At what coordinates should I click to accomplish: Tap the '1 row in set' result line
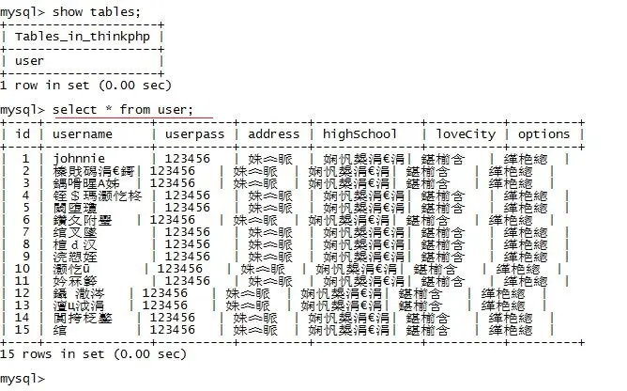tap(85, 85)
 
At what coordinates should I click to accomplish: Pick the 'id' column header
tap(23, 133)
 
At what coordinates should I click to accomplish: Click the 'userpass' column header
tap(193, 133)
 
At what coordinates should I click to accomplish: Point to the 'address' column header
tap(272, 133)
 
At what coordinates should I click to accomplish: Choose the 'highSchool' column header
tap(360, 133)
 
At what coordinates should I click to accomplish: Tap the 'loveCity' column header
tap(465, 133)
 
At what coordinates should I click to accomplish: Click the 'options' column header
tap(543, 133)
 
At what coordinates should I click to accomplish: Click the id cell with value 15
tap(23, 330)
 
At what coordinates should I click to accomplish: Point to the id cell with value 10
tap(23, 269)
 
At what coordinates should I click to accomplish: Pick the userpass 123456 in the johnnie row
tap(188, 159)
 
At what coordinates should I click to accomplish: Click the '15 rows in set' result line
tap(93, 354)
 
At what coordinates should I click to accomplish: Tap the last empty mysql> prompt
tap(23, 379)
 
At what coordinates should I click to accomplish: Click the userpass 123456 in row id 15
tap(188, 330)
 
